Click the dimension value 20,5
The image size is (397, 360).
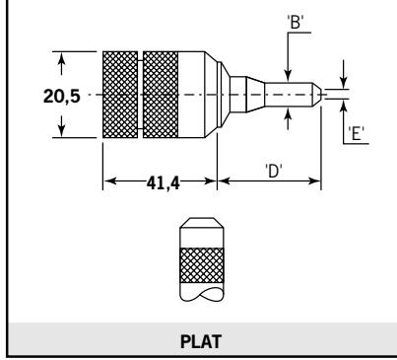(62, 97)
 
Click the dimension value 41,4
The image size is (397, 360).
(164, 182)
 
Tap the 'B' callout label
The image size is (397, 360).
(296, 23)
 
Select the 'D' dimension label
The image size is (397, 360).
(274, 171)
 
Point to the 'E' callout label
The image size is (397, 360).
(357, 134)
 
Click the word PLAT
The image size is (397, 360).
(201, 341)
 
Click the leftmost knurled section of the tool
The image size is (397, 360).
(120, 95)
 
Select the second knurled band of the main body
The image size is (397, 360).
(161, 95)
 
